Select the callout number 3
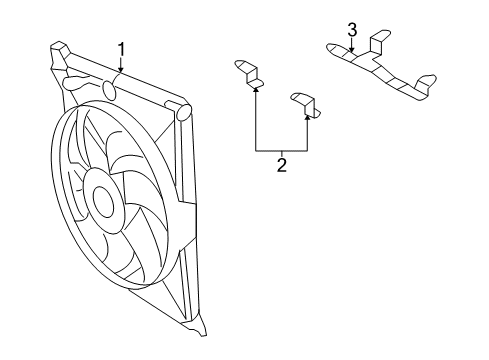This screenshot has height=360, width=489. point(352,29)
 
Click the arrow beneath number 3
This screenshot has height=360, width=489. point(352,47)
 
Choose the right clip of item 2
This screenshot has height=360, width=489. point(303,103)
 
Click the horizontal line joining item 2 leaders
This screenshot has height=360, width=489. point(281,149)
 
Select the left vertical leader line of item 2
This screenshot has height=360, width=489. point(256,120)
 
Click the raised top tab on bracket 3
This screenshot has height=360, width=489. point(378,41)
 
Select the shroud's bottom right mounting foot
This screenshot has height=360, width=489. point(203,348)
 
